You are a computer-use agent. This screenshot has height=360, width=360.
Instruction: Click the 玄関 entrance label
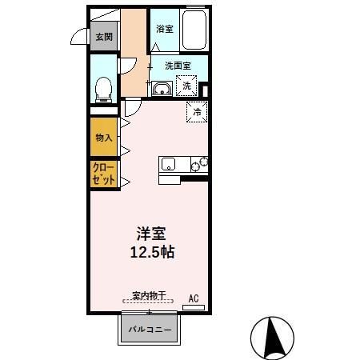pos(103,36)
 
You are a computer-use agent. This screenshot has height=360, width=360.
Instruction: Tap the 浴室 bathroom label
pos(165,29)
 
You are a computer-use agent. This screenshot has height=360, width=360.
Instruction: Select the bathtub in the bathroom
pos(194,30)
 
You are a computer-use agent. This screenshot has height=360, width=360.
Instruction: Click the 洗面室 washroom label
pos(177,66)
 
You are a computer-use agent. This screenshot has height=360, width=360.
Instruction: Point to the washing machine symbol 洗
pos(186,85)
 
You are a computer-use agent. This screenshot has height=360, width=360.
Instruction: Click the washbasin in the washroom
pos(161,87)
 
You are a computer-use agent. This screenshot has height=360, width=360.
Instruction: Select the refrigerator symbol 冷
pos(198,112)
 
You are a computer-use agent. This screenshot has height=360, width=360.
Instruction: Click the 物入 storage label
pos(104,138)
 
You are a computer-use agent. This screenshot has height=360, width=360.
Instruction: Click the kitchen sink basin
pos(169,164)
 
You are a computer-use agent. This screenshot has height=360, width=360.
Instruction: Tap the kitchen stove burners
pos(198,163)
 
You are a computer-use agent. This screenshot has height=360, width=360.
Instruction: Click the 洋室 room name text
pos(152,234)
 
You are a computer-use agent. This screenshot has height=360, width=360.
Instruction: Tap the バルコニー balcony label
pos(151,329)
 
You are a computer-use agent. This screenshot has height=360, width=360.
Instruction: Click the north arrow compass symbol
pos(273,335)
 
